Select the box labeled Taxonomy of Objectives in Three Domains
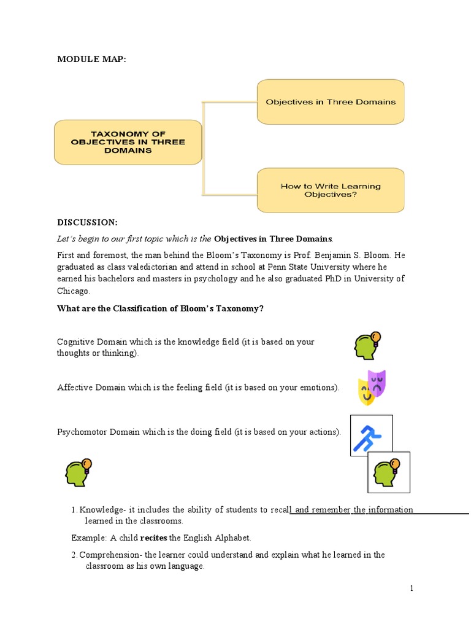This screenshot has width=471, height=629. tap(128, 142)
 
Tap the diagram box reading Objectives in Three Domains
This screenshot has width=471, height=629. tap(330, 102)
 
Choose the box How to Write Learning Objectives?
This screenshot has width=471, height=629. tap(330, 190)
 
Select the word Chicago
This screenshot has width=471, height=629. tap(73, 291)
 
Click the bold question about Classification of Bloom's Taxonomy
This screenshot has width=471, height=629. tap(160, 308)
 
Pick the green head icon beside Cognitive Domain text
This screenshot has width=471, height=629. tap(367, 346)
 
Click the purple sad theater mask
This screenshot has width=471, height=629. tap(377, 382)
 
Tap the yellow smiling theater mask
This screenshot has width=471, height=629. tap(366, 392)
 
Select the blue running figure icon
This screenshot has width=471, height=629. tap(371, 436)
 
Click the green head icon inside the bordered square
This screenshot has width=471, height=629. tap(388, 472)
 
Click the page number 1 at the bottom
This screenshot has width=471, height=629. tap(412, 588)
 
